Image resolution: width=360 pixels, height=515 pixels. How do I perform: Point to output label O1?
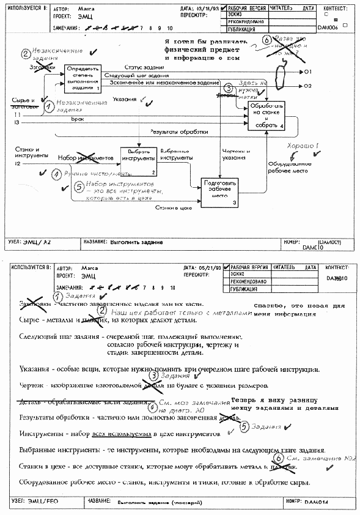[308, 72]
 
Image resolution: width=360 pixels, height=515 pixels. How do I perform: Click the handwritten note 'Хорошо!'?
[299, 146]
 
